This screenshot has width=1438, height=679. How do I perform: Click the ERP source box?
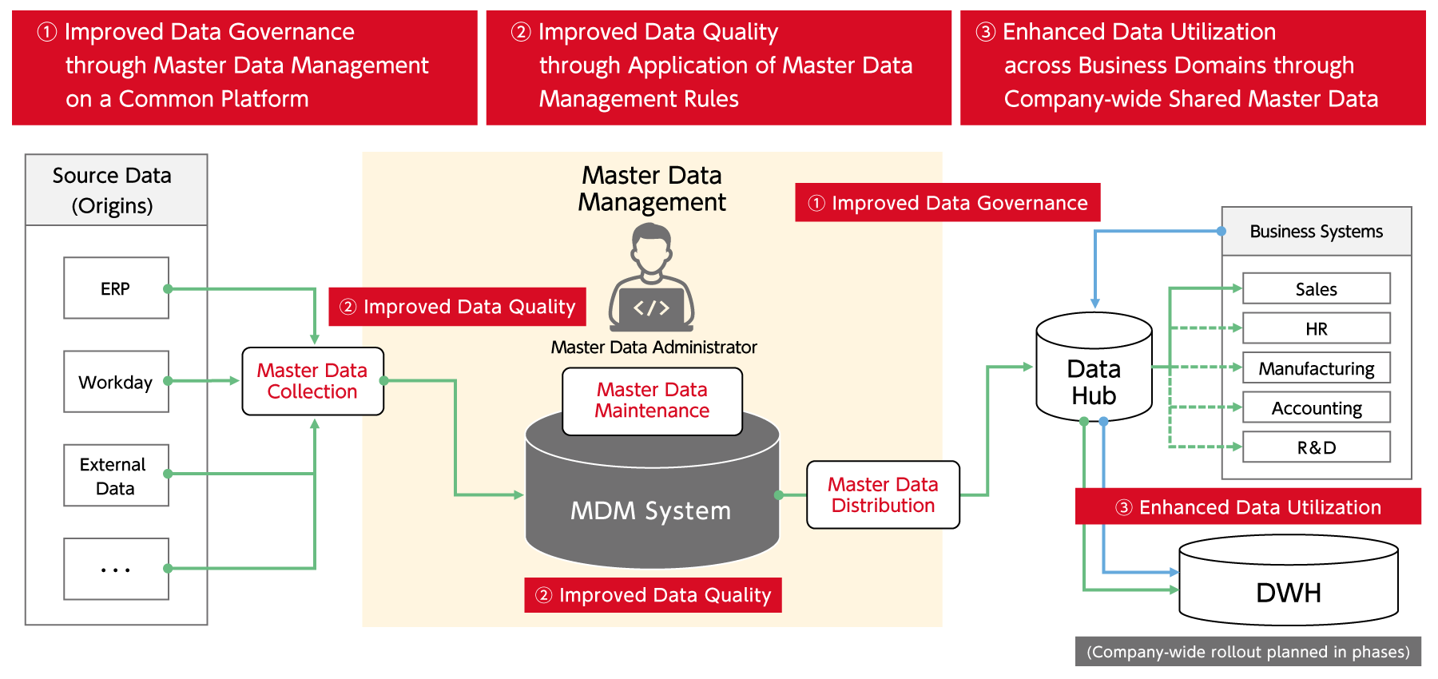tap(116, 288)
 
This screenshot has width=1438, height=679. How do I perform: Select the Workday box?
tap(116, 382)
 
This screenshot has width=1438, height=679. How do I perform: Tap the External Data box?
tap(116, 476)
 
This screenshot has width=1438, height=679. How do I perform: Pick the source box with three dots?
tap(116, 569)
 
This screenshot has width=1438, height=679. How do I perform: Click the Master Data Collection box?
tap(312, 381)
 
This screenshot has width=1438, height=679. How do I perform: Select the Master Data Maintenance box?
tap(652, 401)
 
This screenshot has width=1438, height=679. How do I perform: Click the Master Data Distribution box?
tap(883, 494)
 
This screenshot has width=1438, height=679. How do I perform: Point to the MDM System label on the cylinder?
tap(651, 511)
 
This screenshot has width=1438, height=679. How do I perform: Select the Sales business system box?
tap(1316, 289)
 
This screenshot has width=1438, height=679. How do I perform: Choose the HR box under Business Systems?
tap(1316, 328)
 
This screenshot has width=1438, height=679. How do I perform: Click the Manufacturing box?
tap(1316, 368)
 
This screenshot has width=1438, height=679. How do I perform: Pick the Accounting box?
tap(1316, 408)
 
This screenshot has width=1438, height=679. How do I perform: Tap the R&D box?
tap(1316, 447)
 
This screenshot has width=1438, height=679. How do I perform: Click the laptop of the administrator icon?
tap(651, 310)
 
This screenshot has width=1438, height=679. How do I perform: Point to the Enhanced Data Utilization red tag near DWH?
tap(1248, 507)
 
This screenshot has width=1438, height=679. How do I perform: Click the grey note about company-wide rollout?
tap(1248, 652)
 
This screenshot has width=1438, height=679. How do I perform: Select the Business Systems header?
tap(1316, 232)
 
